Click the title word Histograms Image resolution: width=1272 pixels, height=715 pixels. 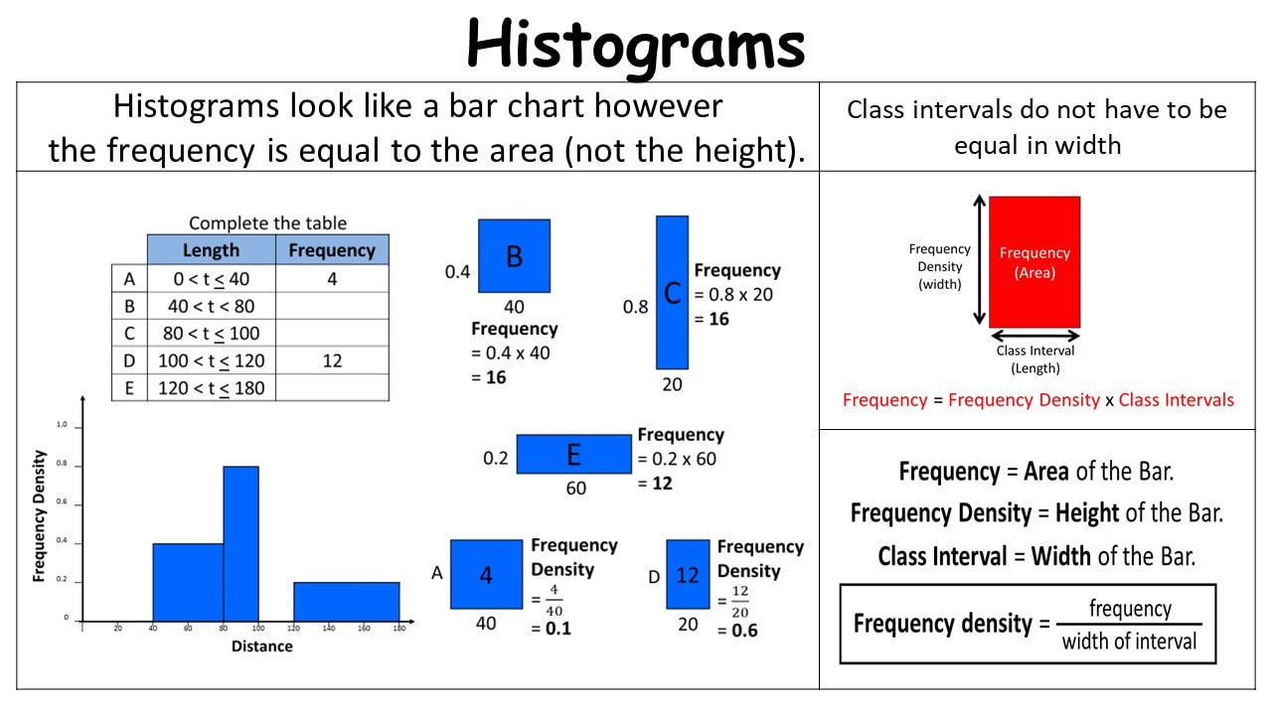636,46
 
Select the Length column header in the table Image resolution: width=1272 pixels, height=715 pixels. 212,249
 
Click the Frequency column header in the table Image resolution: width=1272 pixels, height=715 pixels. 332,249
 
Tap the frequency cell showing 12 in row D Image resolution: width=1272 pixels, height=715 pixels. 332,360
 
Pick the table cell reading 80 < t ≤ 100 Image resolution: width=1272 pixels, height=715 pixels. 212,333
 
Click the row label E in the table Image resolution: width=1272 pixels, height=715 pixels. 129,387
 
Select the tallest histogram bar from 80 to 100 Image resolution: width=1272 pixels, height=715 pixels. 240,543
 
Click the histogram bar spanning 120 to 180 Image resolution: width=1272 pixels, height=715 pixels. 347,602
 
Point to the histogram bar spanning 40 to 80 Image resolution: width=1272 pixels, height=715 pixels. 188,582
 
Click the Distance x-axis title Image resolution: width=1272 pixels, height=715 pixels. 261,646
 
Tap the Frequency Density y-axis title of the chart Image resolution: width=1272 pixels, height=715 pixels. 39,516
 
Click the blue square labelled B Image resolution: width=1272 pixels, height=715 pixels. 514,256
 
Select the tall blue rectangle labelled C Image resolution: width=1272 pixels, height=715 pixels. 673,292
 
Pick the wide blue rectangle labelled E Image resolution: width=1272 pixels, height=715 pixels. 573,454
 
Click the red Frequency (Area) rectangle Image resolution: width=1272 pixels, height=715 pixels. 1034,261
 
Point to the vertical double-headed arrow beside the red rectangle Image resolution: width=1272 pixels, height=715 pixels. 980,260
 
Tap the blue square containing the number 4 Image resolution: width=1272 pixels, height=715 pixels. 487,574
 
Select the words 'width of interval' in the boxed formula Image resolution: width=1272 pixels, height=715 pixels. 1129,642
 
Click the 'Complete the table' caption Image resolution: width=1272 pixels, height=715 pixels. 267,223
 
